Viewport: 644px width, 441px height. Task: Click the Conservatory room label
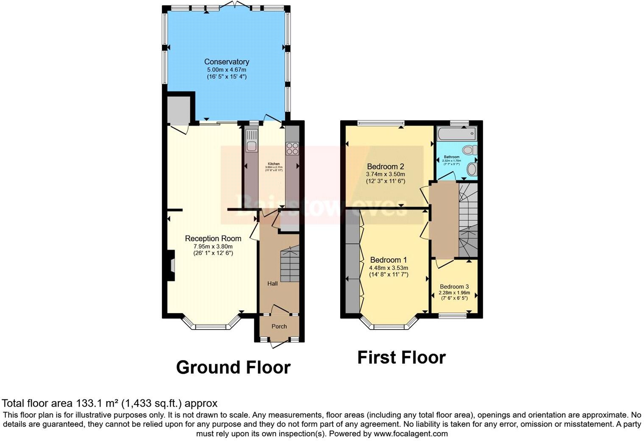(226, 62)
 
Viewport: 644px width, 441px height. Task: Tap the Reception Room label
(213, 239)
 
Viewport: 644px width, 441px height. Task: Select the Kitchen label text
(273, 164)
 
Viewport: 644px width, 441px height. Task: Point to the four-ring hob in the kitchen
(292, 148)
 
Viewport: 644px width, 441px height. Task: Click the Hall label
(272, 283)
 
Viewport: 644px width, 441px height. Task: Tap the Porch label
(279, 326)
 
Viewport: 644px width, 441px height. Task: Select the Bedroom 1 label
(388, 260)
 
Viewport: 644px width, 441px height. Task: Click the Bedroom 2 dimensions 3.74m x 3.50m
(385, 174)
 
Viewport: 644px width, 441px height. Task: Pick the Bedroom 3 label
(454, 286)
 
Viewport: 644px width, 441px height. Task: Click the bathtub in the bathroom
(456, 134)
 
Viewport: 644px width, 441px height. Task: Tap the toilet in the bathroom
(469, 150)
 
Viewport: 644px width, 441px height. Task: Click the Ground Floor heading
(233, 367)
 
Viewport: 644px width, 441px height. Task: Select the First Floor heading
(401, 358)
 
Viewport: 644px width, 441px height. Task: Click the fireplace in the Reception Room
(170, 265)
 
